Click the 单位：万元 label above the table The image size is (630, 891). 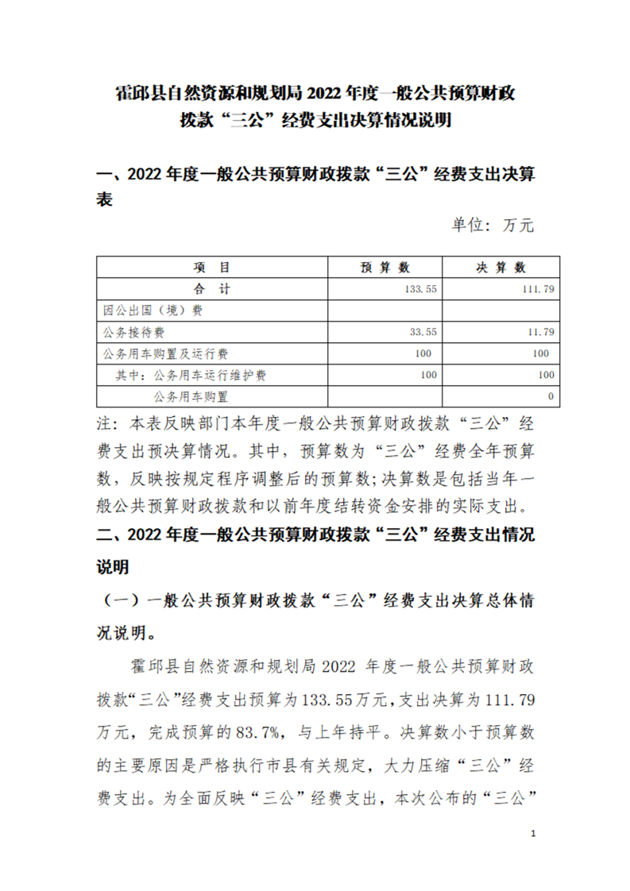click(x=493, y=226)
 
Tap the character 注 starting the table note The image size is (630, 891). click(x=102, y=421)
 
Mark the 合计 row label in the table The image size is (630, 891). click(x=211, y=289)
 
